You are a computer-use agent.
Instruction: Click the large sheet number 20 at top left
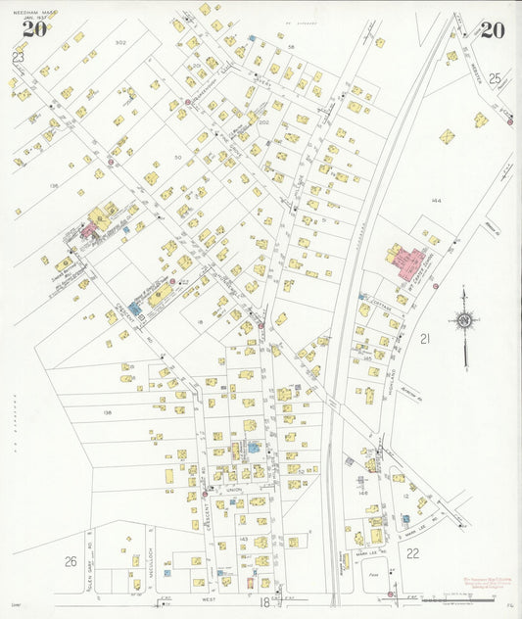[34, 28]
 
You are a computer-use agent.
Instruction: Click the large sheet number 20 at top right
[493, 30]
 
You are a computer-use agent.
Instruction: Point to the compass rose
[464, 321]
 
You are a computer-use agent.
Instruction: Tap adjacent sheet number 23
[17, 57]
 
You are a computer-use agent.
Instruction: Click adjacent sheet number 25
[494, 77]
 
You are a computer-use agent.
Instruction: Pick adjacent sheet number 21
[425, 339]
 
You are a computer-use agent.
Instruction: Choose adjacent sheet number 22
[412, 553]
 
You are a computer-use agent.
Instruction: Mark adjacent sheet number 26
[71, 560]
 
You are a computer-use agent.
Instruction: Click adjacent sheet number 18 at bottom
[263, 602]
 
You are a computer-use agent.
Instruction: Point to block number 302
[120, 43]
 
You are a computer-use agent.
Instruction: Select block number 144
[436, 200]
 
